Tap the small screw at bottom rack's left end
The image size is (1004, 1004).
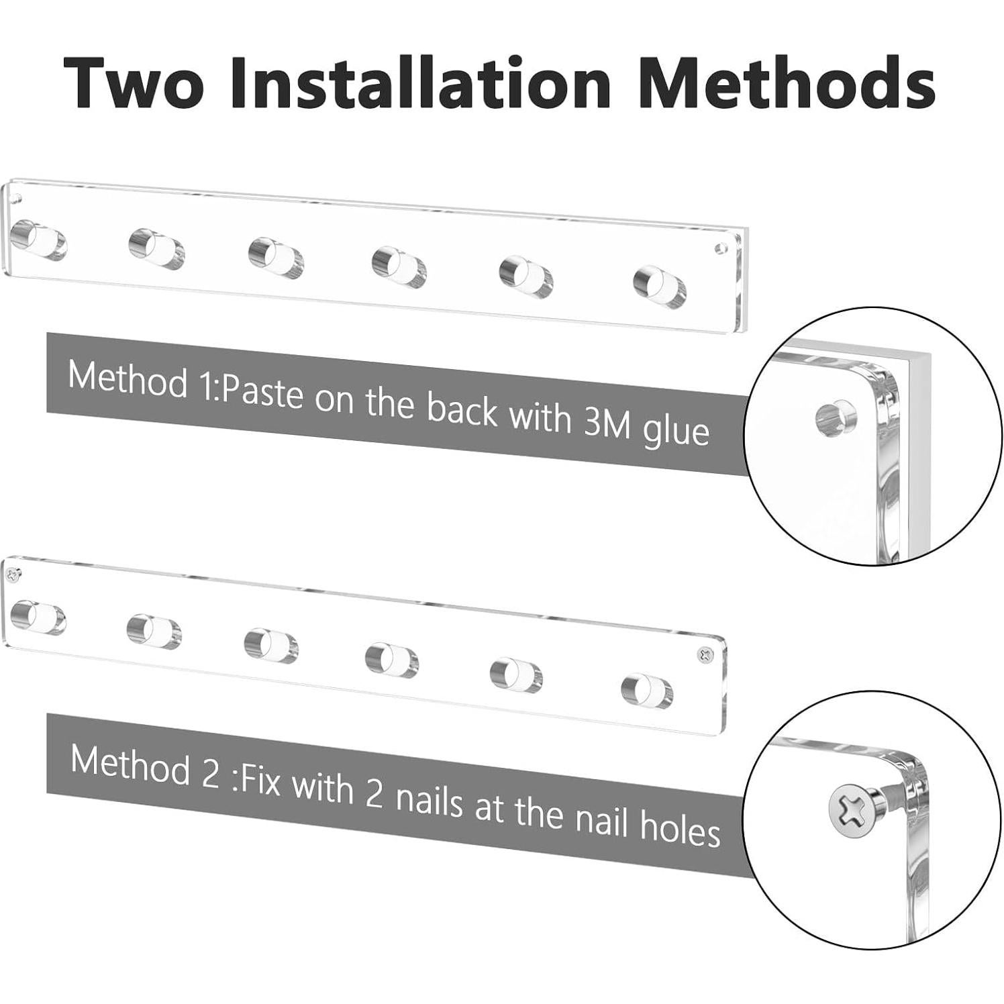click(x=15, y=574)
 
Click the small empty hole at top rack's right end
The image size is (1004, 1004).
click(x=721, y=249)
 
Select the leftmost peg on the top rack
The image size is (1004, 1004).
click(x=39, y=240)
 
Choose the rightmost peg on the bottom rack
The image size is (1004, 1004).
click(x=646, y=691)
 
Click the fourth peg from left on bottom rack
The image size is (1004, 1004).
click(x=392, y=659)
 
